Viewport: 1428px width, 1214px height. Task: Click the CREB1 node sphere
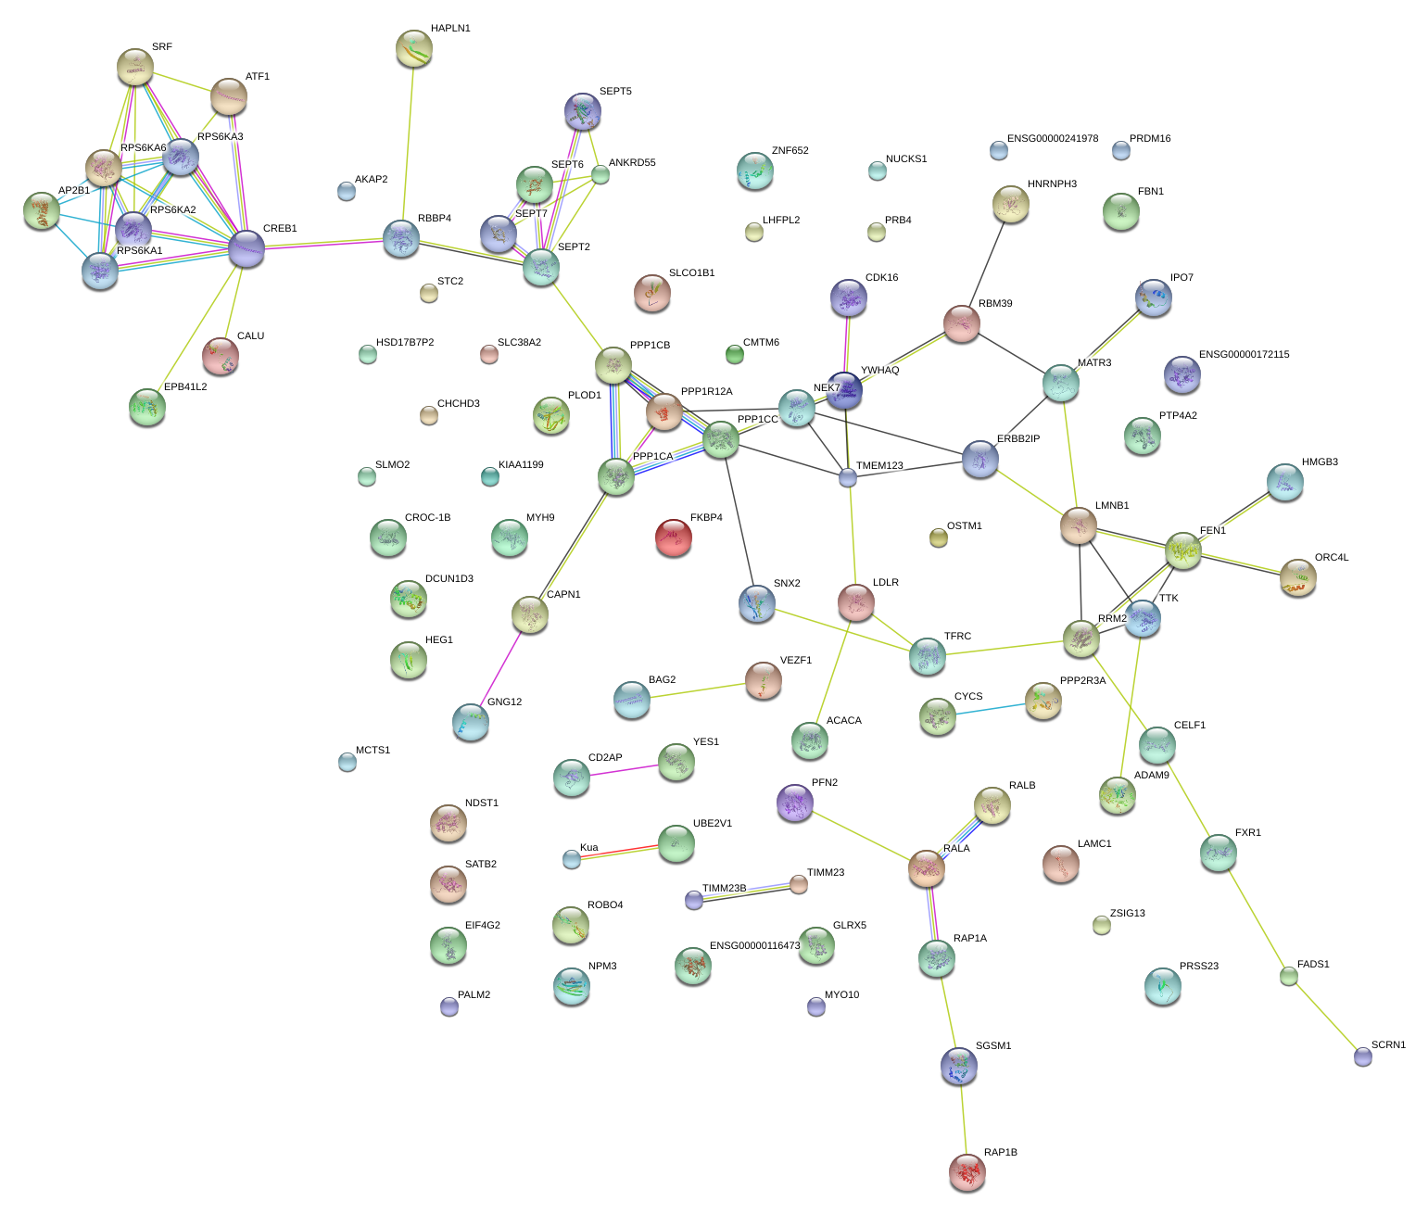246,247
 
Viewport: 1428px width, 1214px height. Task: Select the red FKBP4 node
674,537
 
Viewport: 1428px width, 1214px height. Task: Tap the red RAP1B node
967,1172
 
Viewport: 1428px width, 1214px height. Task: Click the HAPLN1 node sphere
413,48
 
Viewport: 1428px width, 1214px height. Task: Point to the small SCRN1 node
1362,1056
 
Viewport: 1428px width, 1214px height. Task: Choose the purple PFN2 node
794,803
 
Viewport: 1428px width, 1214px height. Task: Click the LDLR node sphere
855,602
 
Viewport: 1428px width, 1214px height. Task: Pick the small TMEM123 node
848,477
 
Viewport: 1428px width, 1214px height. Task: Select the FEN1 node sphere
1183,550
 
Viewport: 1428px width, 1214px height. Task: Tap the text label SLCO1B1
691,273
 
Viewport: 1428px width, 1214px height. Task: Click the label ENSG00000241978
1052,139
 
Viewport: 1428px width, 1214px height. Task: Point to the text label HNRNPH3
1052,184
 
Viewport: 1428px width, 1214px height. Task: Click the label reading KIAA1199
521,465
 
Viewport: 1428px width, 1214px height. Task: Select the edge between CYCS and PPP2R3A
990,710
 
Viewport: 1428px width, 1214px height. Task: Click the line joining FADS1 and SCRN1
1325,1016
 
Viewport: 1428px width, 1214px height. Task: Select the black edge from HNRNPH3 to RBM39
986,265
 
